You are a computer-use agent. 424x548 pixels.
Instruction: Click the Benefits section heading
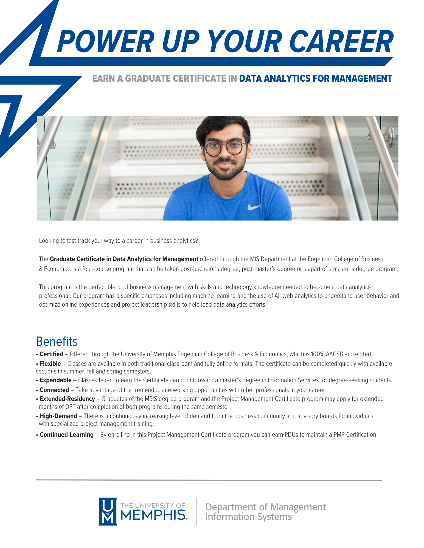[x=57, y=342]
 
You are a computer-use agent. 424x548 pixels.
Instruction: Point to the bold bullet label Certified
[x=51, y=354]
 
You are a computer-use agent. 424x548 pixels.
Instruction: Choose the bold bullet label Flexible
[x=50, y=364]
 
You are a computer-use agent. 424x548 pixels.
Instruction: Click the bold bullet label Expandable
[x=55, y=380]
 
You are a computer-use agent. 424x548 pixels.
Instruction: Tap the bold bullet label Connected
[x=54, y=390]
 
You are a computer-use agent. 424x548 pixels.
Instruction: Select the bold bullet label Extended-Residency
[x=67, y=399]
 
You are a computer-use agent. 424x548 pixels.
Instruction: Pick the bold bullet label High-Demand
[x=58, y=416]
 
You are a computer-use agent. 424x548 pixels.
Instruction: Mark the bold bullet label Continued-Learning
[x=66, y=435]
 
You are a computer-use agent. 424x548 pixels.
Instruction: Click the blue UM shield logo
[x=108, y=511]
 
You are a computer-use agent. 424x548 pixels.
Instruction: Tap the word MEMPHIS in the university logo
[x=153, y=515]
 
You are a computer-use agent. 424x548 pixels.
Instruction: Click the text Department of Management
[x=265, y=507]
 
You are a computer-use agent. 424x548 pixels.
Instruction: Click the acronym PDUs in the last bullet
[x=291, y=435]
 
